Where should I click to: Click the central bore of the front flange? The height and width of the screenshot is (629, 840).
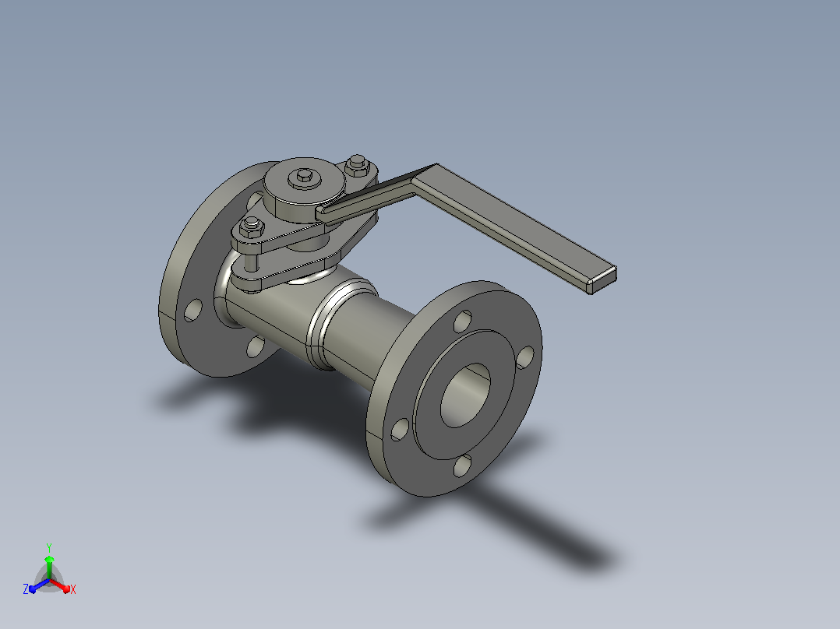click(x=465, y=395)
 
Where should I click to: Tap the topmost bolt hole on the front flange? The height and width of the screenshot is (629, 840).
click(x=462, y=321)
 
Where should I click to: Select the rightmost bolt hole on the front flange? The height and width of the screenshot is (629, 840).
click(x=525, y=357)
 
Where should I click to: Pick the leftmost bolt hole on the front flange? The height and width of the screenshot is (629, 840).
click(x=400, y=430)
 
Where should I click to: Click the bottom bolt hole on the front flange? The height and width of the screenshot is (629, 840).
click(x=462, y=466)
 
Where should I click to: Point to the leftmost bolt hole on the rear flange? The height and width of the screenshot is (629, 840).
click(x=193, y=310)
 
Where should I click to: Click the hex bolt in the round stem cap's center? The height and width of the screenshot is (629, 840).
click(x=304, y=177)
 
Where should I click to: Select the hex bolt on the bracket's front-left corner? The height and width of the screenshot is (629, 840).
click(x=251, y=227)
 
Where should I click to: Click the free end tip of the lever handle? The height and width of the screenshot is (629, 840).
click(x=602, y=280)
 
